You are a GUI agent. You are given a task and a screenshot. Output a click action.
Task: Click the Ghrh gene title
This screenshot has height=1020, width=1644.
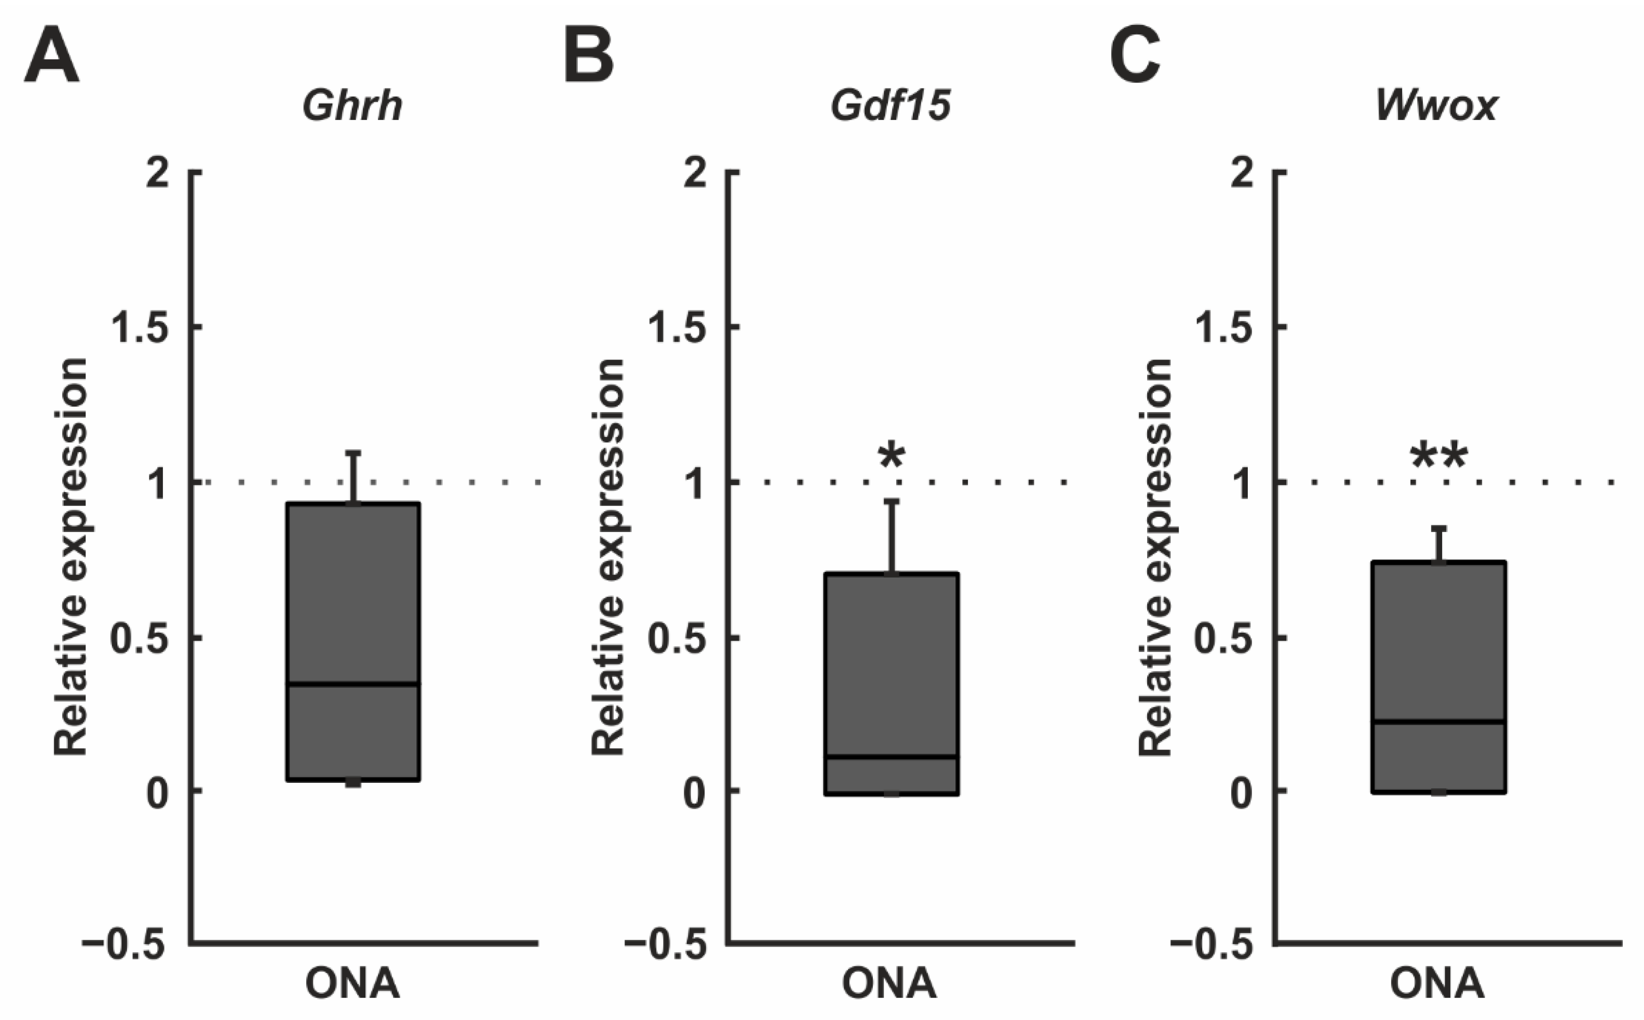click(352, 106)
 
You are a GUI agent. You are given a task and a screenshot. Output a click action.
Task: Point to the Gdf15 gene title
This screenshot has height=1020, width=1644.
click(891, 106)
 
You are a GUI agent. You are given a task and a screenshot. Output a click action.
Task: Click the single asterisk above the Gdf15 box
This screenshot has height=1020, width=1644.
click(892, 457)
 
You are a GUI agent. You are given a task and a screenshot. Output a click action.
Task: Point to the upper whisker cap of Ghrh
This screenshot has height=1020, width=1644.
click(353, 453)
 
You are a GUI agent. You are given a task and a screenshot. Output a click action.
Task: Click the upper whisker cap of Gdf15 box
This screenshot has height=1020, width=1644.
click(892, 501)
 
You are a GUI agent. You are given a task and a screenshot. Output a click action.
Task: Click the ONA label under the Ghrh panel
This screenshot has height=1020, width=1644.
click(352, 984)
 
